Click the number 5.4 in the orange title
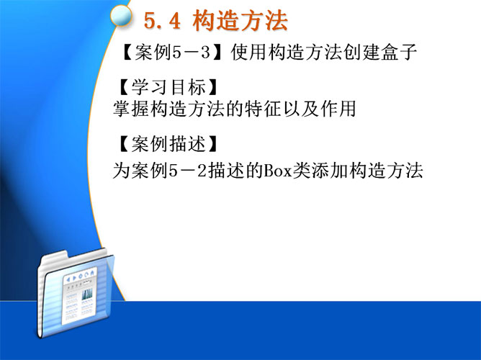point(162,21)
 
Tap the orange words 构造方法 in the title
point(240,21)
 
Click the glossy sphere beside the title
point(121,16)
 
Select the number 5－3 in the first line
point(192,52)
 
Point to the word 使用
point(249,52)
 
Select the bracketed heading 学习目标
point(168,87)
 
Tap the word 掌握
point(131,109)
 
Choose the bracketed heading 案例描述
point(168,144)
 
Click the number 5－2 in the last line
point(188,171)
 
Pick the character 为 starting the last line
point(122,171)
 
